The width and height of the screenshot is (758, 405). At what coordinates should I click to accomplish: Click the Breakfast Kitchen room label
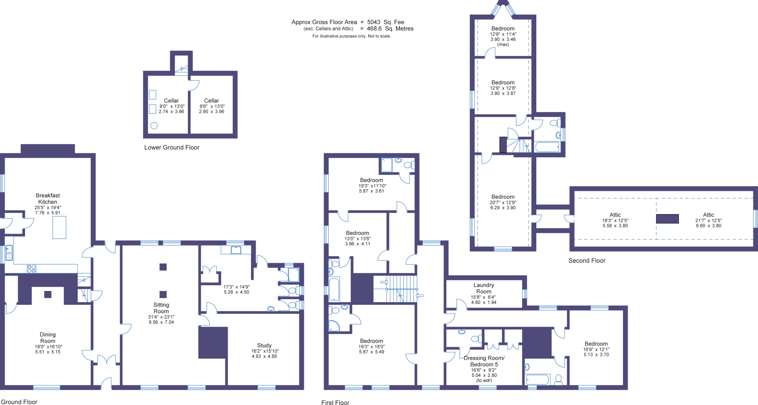[x=48, y=198]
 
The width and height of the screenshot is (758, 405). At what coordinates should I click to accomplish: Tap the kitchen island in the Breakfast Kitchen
[x=59, y=227]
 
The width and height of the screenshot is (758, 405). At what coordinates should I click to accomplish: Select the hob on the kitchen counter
[x=32, y=268]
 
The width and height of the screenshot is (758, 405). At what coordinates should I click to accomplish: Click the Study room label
[x=264, y=345]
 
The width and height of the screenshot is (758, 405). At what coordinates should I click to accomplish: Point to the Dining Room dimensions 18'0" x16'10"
[x=48, y=347]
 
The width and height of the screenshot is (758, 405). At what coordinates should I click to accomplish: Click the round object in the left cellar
[x=154, y=125]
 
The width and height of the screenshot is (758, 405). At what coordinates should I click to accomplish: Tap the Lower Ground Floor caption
[x=172, y=147]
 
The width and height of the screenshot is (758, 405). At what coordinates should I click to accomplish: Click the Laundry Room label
[x=484, y=288]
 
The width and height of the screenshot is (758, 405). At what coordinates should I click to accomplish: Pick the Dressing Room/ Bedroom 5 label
[x=484, y=361]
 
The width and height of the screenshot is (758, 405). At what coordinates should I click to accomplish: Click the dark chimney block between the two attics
[x=667, y=219]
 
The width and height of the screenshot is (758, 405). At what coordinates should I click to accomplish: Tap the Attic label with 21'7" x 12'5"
[x=708, y=215]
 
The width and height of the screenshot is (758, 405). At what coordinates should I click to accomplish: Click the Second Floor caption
[x=587, y=261]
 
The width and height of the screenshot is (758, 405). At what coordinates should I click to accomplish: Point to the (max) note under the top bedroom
[x=503, y=44]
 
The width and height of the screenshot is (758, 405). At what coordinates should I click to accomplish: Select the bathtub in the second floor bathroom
[x=547, y=147]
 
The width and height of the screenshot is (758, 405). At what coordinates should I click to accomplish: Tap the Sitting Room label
[x=161, y=308]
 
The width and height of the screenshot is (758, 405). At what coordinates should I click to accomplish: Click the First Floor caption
[x=335, y=403]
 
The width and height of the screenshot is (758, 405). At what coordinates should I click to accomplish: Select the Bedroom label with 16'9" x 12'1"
[x=596, y=344]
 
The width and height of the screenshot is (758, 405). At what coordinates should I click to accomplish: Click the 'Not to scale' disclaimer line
[x=351, y=36]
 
